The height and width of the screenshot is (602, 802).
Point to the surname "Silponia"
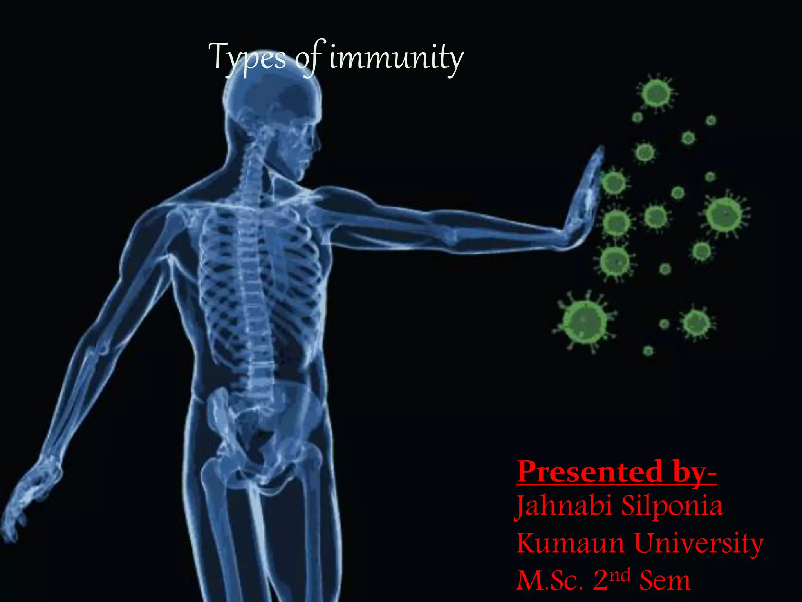point(672,507)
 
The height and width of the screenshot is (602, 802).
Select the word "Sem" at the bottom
point(665,580)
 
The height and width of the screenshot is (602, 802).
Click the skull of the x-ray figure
point(274,102)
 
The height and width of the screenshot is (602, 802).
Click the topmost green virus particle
point(657,93)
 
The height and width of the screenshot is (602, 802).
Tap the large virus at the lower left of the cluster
point(584,321)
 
